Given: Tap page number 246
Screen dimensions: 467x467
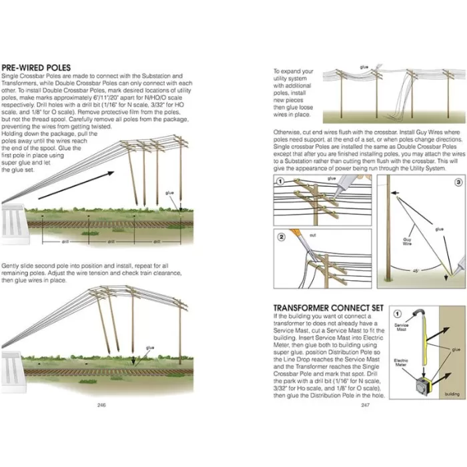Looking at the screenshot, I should (x=101, y=404).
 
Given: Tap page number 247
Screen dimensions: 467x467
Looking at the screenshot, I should (x=365, y=404).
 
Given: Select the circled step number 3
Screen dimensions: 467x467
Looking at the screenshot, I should (x=458, y=181).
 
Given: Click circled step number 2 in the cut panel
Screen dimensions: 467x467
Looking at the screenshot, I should (x=282, y=236).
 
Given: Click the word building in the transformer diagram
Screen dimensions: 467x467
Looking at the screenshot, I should (x=452, y=394).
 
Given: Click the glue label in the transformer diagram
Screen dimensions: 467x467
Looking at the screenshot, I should (x=454, y=348).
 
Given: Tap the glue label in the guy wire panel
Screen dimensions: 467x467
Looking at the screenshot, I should (x=439, y=229).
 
